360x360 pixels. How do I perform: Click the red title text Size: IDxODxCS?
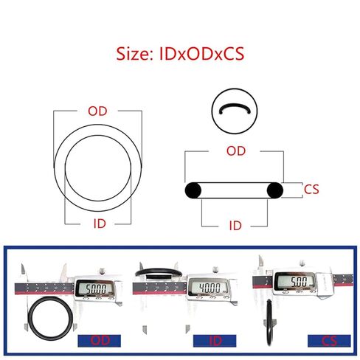click(x=180, y=54)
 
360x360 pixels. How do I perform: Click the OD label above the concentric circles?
click(x=97, y=111)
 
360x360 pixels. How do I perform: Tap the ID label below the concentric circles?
click(x=100, y=224)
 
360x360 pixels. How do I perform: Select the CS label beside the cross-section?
click(x=311, y=190)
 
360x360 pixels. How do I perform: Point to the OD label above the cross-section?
click(x=236, y=151)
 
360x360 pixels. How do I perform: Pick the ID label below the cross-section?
click(x=235, y=226)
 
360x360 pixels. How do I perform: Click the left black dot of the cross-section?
click(x=193, y=190)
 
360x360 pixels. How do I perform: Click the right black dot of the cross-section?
click(x=275, y=190)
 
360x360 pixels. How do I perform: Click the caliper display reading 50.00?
click(x=96, y=289)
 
